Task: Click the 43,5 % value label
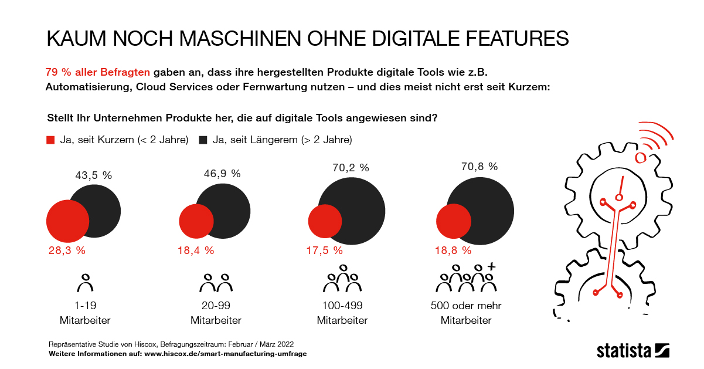(93, 175)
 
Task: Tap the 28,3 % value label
(67, 250)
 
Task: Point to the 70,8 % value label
(479, 167)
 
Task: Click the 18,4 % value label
(196, 250)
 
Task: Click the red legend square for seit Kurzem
(50, 140)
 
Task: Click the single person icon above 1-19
(86, 283)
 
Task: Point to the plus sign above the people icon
(492, 267)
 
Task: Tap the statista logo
(632, 350)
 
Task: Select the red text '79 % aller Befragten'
(98, 72)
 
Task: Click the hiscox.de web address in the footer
(226, 354)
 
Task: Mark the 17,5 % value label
(325, 250)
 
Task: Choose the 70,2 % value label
(351, 168)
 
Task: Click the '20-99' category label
(216, 306)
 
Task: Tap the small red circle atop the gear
(641, 157)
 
